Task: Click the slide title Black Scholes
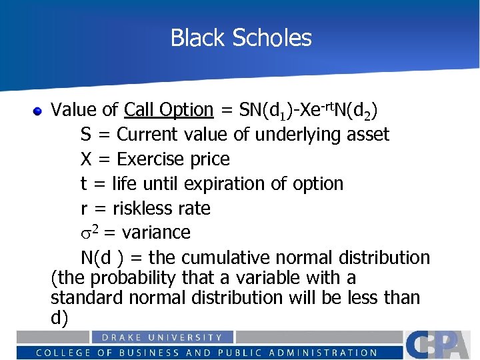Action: [241, 38]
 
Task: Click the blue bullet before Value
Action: [39, 110]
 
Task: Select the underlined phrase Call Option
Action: [169, 109]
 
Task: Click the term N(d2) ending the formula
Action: [361, 109]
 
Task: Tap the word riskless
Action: [142, 209]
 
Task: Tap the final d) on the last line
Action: [59, 318]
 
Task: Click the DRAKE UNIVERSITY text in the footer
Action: [162, 338]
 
